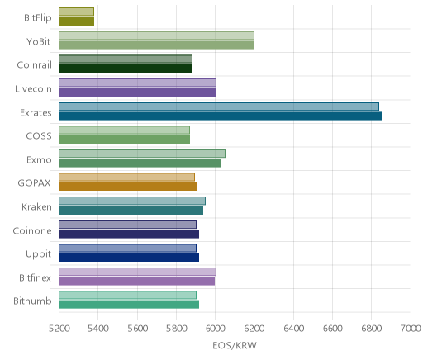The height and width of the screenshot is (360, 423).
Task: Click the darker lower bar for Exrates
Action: click(220, 116)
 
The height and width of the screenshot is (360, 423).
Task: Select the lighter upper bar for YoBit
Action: click(156, 36)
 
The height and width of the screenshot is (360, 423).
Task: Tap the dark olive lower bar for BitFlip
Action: click(76, 21)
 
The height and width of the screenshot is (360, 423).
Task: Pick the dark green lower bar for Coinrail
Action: click(126, 69)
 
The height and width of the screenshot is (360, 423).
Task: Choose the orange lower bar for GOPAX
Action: click(127, 187)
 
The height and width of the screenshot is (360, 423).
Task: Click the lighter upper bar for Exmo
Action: click(142, 154)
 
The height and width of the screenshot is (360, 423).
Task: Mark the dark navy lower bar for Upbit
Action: click(129, 258)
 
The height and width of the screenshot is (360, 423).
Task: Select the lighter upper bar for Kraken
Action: click(132, 201)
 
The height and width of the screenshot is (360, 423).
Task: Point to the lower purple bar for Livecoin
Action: click(137, 92)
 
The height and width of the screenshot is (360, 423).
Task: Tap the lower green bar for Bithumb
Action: click(129, 305)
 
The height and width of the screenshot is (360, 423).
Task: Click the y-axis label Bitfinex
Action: click(35, 277)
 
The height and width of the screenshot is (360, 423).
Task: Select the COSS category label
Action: click(39, 136)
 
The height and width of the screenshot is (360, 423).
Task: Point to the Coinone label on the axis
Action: click(32, 230)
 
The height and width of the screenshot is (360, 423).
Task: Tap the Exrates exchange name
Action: click(36, 112)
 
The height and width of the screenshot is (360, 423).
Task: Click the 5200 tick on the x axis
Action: click(59, 328)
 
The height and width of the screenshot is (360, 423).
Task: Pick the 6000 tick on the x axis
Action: click(215, 328)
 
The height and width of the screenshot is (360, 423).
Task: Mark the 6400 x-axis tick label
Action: click(293, 328)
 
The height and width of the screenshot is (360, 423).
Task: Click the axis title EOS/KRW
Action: click(235, 345)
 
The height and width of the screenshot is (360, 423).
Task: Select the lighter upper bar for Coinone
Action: click(127, 225)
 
